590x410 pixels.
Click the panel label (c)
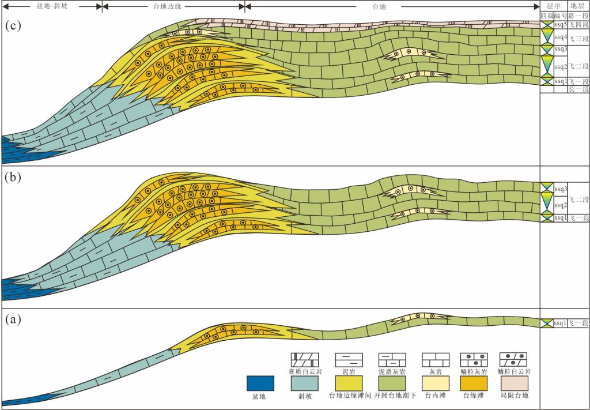(13, 27)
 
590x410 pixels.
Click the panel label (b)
(13, 178)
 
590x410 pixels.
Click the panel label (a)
(13, 318)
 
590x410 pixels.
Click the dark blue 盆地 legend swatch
(260, 383)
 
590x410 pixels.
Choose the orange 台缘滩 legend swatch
(474, 383)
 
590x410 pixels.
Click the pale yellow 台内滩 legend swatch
(432, 383)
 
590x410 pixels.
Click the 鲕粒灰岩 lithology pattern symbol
(474, 360)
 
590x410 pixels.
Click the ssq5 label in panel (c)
(561, 25)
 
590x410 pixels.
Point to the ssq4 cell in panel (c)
(561, 37)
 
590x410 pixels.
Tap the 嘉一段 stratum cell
(578, 16)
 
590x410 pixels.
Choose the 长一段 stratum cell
(578, 89)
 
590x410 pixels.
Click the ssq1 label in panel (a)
(561, 323)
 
